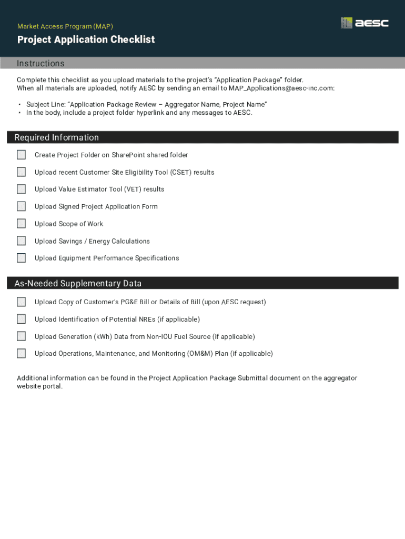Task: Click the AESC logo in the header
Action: [364, 23]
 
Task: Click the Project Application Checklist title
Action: [86, 40]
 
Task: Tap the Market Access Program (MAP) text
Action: [65, 26]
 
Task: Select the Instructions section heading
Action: [40, 64]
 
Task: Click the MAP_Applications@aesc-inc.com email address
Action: [281, 88]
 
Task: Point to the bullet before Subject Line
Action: [20, 105]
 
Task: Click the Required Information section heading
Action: [56, 137]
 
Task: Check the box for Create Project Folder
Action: [21, 155]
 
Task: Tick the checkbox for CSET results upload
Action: [21, 172]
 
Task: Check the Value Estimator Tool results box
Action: [21, 189]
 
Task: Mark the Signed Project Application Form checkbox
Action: [21, 206]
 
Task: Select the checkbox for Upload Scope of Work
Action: [21, 224]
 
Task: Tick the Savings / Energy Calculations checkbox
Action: [21, 241]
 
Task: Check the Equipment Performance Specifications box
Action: [21, 258]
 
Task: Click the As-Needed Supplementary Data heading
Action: [78, 283]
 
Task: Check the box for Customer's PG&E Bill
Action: [21, 302]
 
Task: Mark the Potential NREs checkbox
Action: [21, 319]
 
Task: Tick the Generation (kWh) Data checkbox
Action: [21, 336]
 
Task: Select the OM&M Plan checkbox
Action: [21, 354]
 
